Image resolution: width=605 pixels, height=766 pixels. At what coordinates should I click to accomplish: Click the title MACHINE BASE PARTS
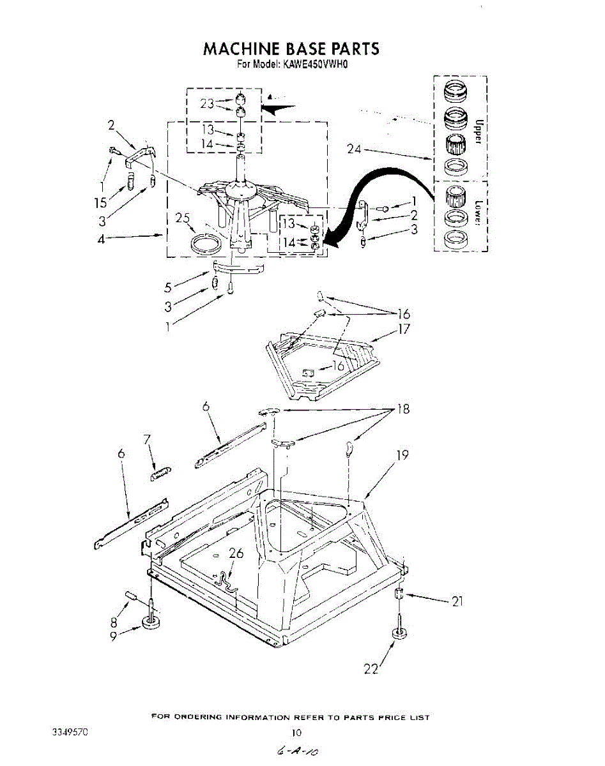(x=291, y=49)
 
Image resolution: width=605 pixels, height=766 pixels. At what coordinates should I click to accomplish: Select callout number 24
(x=355, y=149)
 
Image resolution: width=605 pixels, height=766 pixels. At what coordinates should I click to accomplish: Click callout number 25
(x=183, y=218)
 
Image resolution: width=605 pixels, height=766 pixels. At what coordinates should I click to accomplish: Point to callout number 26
(x=236, y=554)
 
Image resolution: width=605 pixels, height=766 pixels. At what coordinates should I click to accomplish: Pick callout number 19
(x=402, y=455)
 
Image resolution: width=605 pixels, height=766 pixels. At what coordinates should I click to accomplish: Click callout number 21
(x=456, y=601)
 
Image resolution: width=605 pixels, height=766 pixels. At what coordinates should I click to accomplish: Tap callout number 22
(x=371, y=668)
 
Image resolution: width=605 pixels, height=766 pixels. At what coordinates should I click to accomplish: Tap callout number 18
(x=402, y=409)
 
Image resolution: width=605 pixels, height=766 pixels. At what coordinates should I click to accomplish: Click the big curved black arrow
(x=377, y=185)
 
